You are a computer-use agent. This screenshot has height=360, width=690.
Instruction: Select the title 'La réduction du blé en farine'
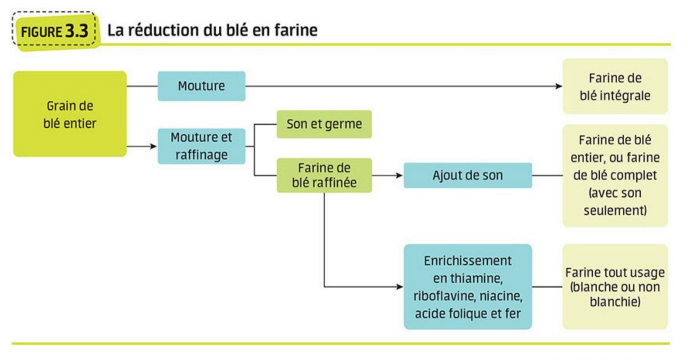tap(212, 31)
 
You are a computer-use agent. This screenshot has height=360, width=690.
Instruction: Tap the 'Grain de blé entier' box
tap(70, 114)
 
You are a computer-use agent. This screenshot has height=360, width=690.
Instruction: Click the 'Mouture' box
tap(201, 86)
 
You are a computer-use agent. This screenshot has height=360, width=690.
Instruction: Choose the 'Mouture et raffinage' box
tap(201, 146)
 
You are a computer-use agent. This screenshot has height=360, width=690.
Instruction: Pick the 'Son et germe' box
tap(324, 124)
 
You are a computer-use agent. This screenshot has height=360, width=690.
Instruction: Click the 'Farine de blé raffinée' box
tap(324, 175)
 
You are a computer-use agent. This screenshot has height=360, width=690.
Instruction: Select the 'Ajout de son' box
tap(467, 175)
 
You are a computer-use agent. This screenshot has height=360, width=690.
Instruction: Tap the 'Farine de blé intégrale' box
tap(614, 86)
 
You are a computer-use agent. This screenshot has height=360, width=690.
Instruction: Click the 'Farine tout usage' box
tap(614, 287)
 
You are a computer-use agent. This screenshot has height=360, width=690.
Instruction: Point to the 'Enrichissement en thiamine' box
tap(467, 287)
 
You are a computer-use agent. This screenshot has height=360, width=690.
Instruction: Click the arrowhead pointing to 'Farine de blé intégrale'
tap(559, 86)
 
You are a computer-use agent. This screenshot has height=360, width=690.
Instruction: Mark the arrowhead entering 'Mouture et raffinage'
tap(154, 146)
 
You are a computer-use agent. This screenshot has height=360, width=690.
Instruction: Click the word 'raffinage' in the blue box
tap(201, 155)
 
